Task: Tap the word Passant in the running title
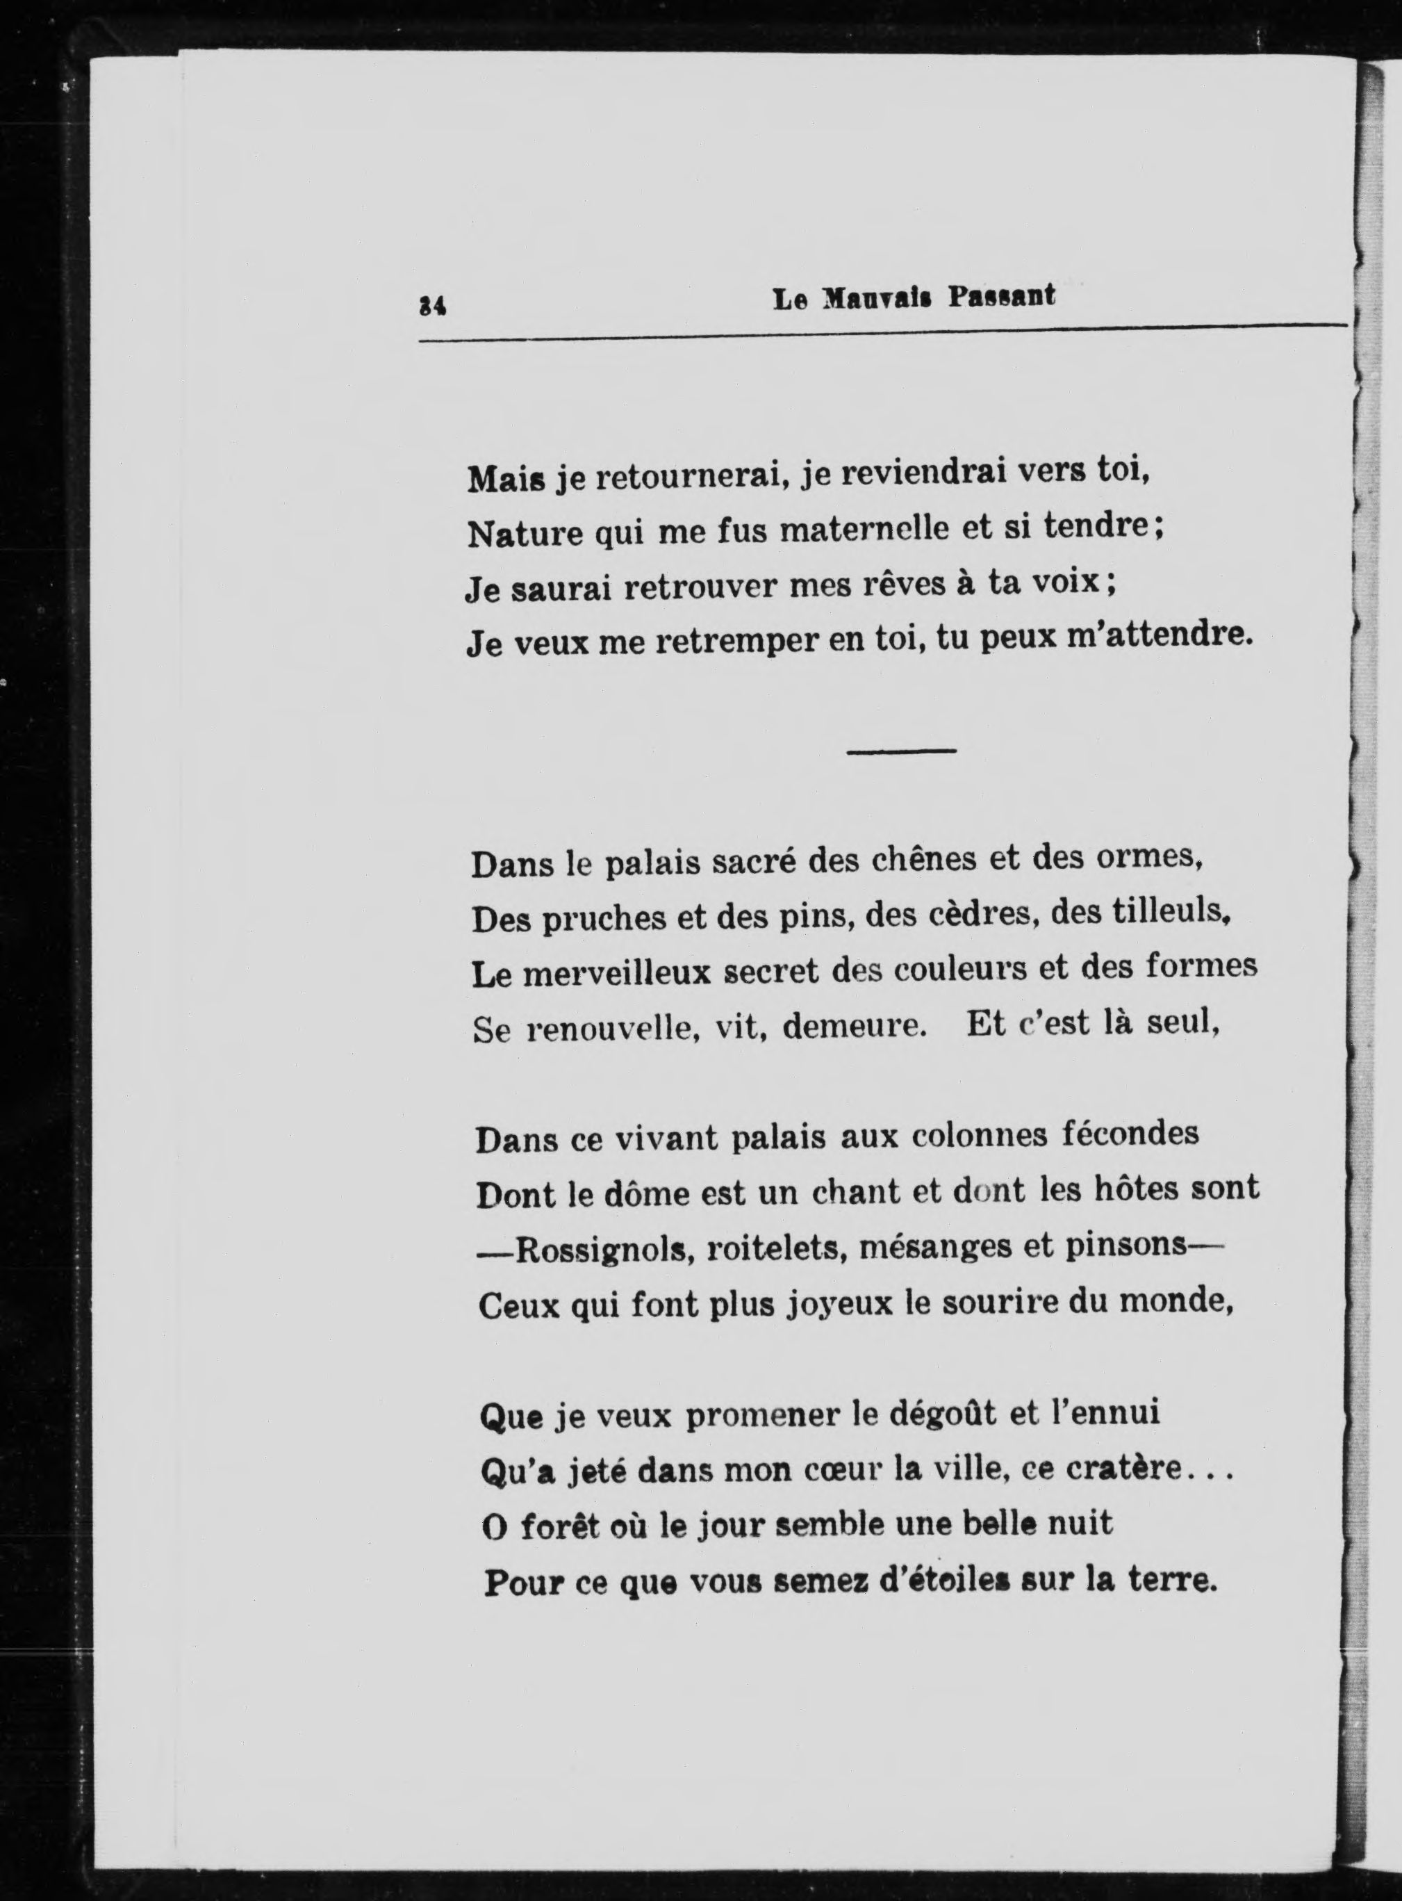click(x=1003, y=297)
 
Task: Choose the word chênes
click(x=924, y=859)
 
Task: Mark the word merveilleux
click(x=616, y=973)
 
